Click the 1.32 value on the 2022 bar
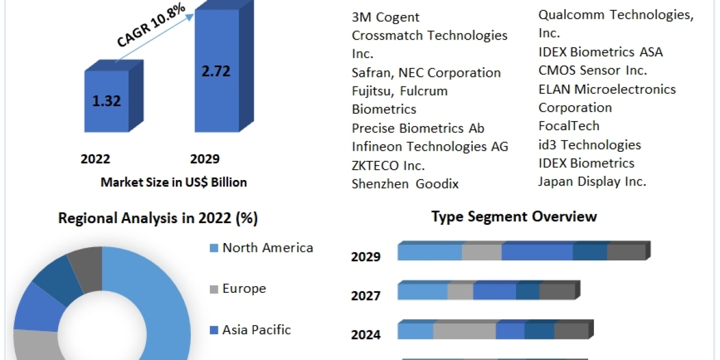click(x=106, y=101)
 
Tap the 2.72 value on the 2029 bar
click(x=215, y=71)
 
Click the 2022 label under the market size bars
click(x=95, y=159)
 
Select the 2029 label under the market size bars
click(x=205, y=159)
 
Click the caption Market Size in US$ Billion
click(x=173, y=182)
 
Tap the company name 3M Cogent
click(x=385, y=17)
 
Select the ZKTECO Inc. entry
click(x=388, y=165)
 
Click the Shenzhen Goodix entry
click(x=405, y=184)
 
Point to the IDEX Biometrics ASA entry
click(x=601, y=52)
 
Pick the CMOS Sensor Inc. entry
click(x=593, y=71)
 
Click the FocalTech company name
click(x=569, y=126)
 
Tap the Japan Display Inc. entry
click(x=592, y=182)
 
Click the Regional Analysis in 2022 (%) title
click(x=158, y=219)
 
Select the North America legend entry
click(x=268, y=248)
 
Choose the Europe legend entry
click(x=244, y=289)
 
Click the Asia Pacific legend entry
click(x=256, y=329)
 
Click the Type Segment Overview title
click(x=514, y=217)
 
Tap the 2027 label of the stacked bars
click(x=365, y=296)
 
